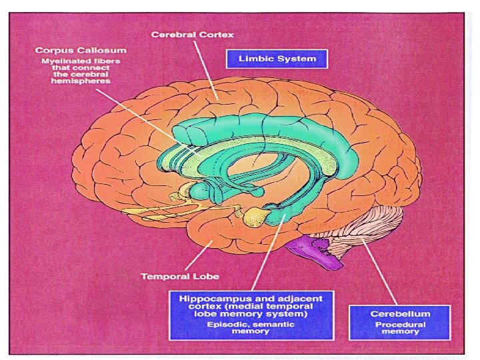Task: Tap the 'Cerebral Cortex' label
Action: pyautogui.click(x=192, y=33)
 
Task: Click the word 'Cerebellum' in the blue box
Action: pyautogui.click(x=400, y=313)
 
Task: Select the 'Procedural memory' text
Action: pyautogui.click(x=400, y=327)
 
